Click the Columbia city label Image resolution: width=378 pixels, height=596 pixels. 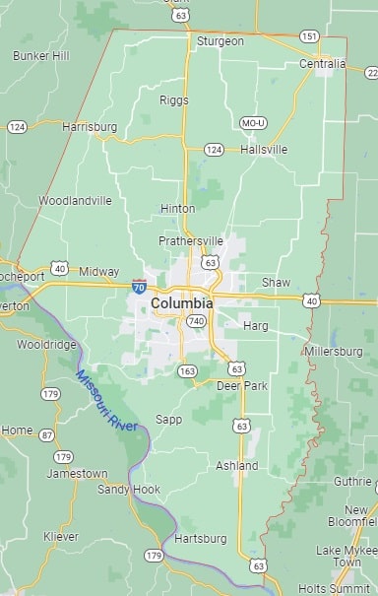click(182, 304)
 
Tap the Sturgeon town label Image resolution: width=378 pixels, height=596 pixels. click(220, 41)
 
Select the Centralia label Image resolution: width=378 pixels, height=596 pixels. click(322, 64)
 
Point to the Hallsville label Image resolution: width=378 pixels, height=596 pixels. click(263, 150)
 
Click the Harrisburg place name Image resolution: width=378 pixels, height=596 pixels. click(90, 127)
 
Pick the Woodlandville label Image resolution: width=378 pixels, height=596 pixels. click(75, 201)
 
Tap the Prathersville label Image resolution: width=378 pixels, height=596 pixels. click(191, 241)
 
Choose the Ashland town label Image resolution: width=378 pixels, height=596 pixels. click(236, 466)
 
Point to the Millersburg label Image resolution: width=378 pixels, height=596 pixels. click(334, 351)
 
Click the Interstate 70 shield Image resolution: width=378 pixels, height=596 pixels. click(139, 286)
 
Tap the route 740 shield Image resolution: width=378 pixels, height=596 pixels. click(197, 321)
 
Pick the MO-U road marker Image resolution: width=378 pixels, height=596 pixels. click(253, 123)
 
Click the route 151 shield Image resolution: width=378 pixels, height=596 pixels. click(309, 36)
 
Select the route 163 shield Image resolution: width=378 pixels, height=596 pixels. click(187, 371)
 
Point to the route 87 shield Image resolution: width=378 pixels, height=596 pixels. click(46, 434)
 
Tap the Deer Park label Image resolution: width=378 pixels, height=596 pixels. click(242, 386)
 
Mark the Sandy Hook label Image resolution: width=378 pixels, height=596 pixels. click(128, 490)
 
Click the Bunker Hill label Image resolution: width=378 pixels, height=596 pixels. click(41, 56)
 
